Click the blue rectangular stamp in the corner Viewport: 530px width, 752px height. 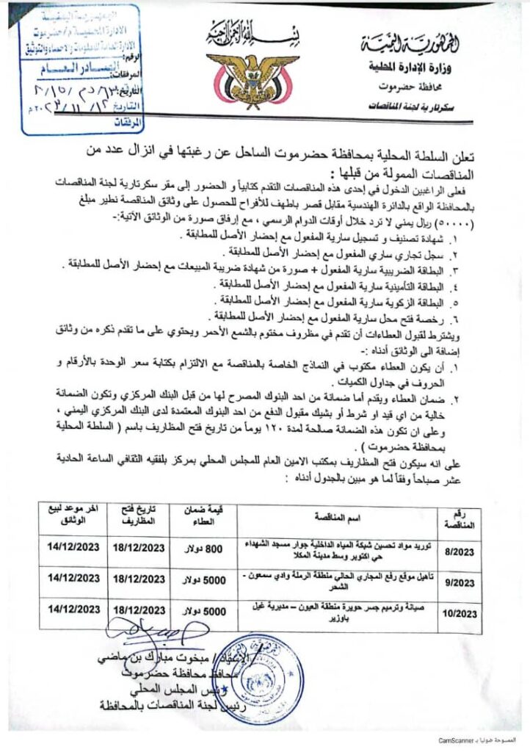(80, 70)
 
